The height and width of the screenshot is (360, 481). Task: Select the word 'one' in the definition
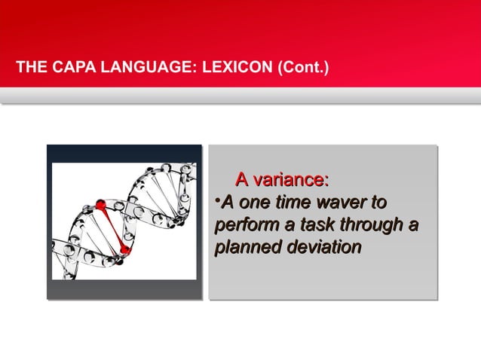(254, 203)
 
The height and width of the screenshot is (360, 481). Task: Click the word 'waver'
(341, 203)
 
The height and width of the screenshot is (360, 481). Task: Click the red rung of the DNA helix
(112, 226)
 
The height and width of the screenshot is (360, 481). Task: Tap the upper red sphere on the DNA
(101, 205)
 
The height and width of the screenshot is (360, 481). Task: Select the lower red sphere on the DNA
(124, 249)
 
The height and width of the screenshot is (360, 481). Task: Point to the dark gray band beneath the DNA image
(124, 290)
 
